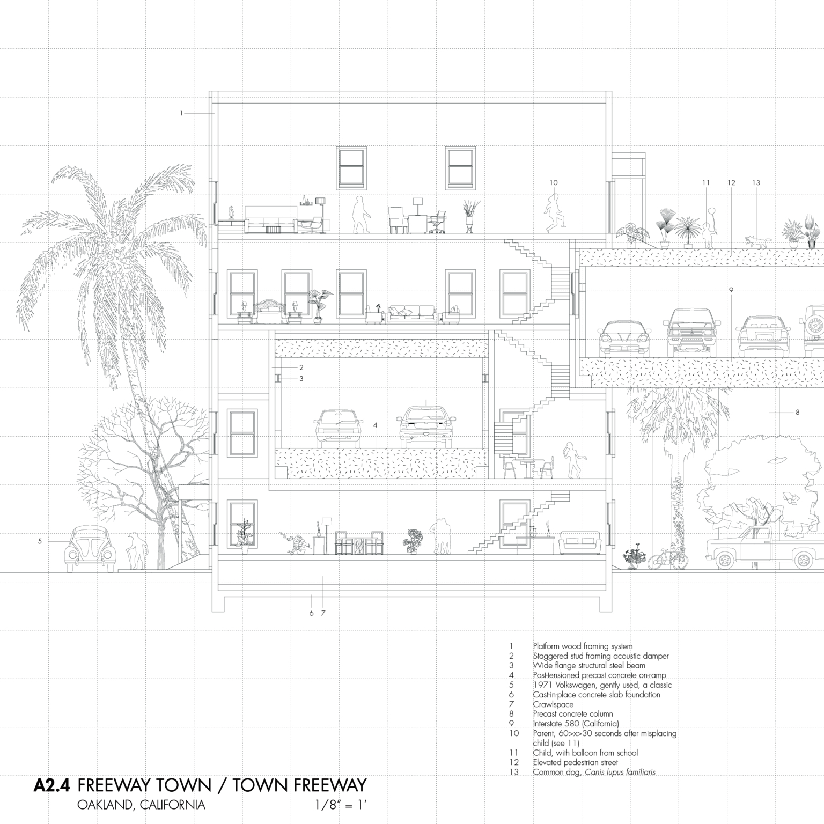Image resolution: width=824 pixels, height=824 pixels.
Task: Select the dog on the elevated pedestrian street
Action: click(756, 242)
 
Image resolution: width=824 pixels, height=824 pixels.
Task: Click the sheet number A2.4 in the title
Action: click(52, 785)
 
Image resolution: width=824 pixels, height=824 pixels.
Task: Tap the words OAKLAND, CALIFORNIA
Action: click(141, 805)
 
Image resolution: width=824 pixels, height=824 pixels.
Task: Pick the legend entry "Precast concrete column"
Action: click(572, 714)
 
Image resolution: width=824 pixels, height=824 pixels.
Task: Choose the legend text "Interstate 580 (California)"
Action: click(576, 724)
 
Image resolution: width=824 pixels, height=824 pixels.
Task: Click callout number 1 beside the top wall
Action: click(182, 113)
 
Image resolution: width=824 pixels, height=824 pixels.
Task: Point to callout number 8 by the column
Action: click(798, 413)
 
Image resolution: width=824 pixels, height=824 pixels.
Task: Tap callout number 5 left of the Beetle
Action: click(40, 541)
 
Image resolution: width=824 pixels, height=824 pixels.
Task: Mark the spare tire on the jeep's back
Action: click(816, 325)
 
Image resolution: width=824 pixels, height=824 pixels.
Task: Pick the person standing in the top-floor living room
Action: click(361, 214)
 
